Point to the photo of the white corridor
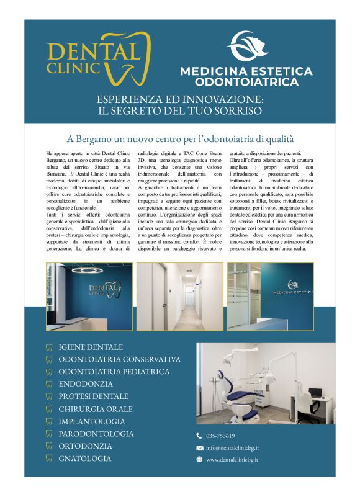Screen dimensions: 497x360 click(179, 297)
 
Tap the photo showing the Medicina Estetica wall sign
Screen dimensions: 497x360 click(270, 297)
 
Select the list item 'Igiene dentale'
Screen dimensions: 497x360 click(91, 347)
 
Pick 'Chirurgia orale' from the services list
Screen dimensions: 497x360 click(96, 409)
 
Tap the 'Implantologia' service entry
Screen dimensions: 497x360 click(92, 421)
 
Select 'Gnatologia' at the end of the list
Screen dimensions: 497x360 click(85, 459)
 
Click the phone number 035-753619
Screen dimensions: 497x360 click(220, 436)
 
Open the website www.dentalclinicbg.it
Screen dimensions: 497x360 click(232, 459)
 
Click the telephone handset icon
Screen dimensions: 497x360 click(199, 436)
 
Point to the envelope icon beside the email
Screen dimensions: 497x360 click(199, 447)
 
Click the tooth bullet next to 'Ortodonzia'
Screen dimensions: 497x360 click(49, 446)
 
